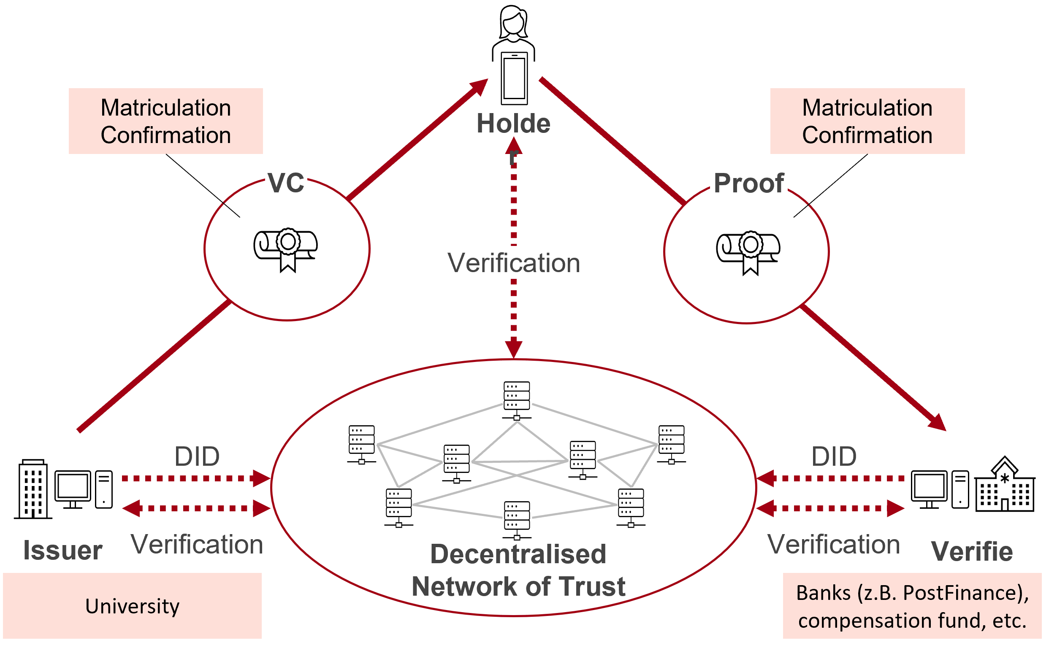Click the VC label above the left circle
pyautogui.click(x=286, y=182)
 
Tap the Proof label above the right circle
pyautogui.click(x=748, y=183)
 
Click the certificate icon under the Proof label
pyautogui.click(x=748, y=252)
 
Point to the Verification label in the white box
pyautogui.click(x=514, y=262)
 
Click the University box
pyautogui.click(x=132, y=605)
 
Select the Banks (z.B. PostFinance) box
pyautogui.click(x=912, y=605)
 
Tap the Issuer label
pyautogui.click(x=62, y=550)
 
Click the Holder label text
pyautogui.click(x=513, y=124)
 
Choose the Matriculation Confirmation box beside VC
pyautogui.click(x=165, y=121)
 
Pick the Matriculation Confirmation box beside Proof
pyautogui.click(x=867, y=121)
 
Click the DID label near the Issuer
pyautogui.click(x=197, y=456)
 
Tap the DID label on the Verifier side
pyautogui.click(x=834, y=456)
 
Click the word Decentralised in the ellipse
pyautogui.click(x=518, y=554)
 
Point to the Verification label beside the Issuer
pyautogui.click(x=197, y=544)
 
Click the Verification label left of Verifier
pyautogui.click(x=833, y=544)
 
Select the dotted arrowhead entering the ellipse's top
pyautogui.click(x=513, y=348)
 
